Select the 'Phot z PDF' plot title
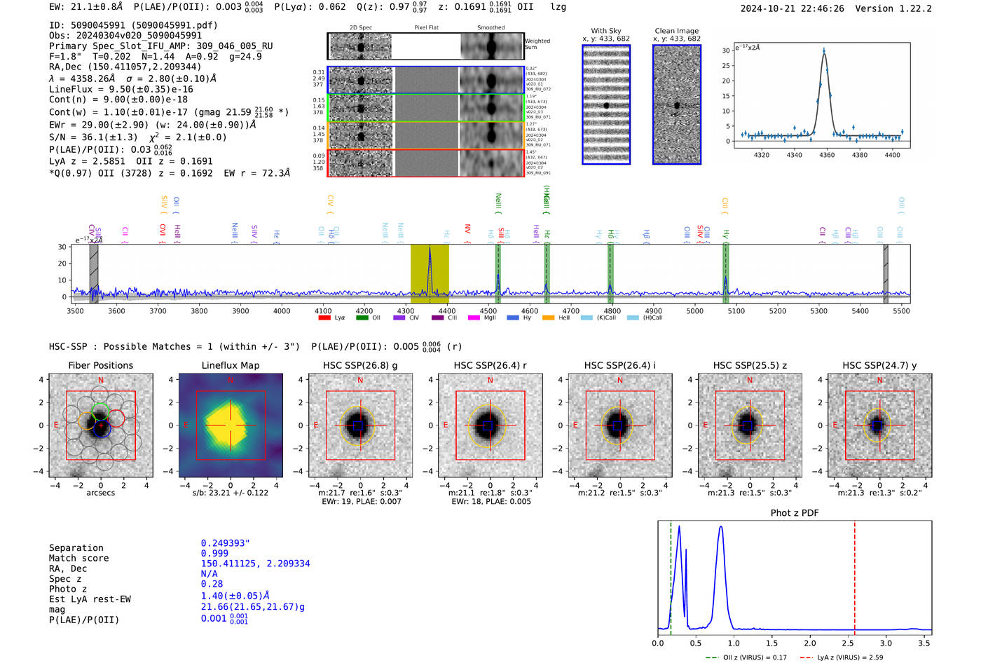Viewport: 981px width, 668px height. pyautogui.click(x=795, y=513)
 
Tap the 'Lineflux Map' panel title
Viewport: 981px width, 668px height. pyautogui.click(x=231, y=365)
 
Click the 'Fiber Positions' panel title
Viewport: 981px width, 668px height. pyautogui.click(x=100, y=365)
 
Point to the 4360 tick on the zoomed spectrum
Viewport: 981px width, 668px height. pyautogui.click(x=827, y=155)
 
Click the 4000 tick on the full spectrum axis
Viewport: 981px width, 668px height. pyautogui.click(x=282, y=311)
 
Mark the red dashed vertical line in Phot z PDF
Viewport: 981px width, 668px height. pyautogui.click(x=855, y=575)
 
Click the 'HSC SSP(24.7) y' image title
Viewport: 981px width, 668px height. pyautogui.click(x=879, y=365)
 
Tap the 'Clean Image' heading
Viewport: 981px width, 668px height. pyautogui.click(x=676, y=31)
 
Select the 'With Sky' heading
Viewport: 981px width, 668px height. pyautogui.click(x=606, y=31)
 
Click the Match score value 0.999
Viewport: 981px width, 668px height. pyautogui.click(x=214, y=553)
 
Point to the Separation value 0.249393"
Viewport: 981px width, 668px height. pyautogui.click(x=226, y=543)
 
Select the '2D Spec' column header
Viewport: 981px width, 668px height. pyautogui.click(x=361, y=28)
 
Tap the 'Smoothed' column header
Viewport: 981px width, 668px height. pyautogui.click(x=490, y=28)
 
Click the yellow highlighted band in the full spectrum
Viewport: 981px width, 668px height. pyautogui.click(x=430, y=273)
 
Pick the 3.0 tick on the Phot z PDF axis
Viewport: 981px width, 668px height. pyautogui.click(x=886, y=643)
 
